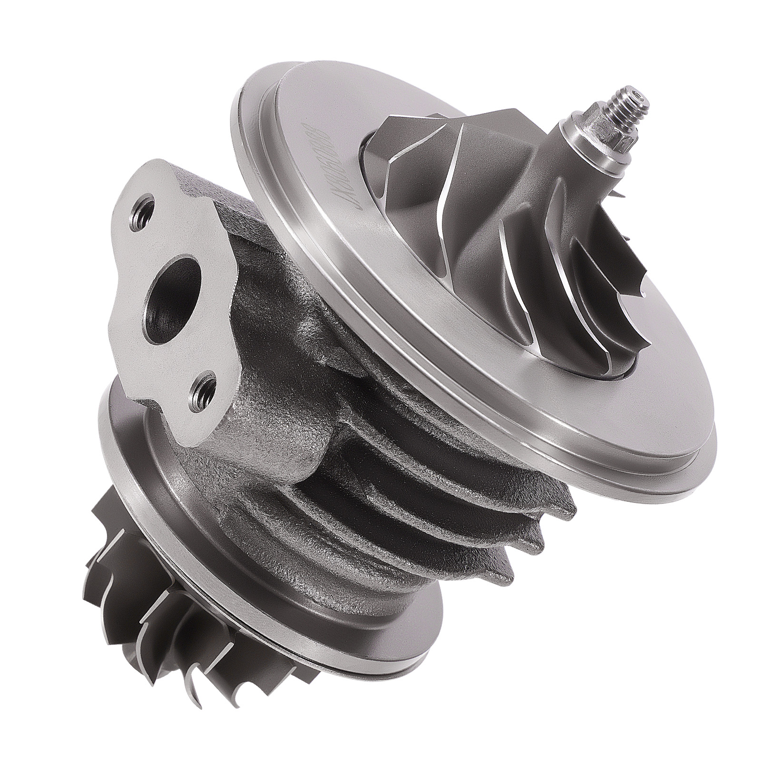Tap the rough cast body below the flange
(x=266, y=428)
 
